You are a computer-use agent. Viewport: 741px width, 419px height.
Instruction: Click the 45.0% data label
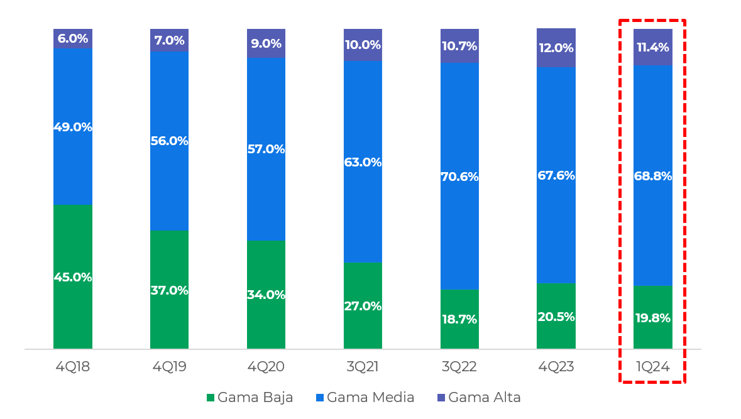point(73,277)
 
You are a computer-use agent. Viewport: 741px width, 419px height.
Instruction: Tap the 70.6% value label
point(459,177)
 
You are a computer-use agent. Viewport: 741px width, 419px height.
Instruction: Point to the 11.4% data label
point(653,47)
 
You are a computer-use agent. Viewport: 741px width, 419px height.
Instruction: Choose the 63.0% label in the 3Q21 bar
point(363,162)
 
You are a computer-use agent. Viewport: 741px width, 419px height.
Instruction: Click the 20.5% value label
point(556,317)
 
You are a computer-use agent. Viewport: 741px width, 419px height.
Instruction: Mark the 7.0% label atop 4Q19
point(169,41)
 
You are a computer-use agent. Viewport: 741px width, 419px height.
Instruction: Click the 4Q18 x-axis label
point(73,367)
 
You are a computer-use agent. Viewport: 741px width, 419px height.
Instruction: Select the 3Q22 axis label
point(459,367)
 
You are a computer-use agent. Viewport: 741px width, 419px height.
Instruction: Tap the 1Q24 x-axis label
point(653,367)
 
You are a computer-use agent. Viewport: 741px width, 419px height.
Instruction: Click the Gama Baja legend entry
point(250,398)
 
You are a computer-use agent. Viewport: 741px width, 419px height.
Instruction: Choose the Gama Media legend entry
point(365,398)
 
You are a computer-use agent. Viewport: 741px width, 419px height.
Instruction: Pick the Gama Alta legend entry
point(479,398)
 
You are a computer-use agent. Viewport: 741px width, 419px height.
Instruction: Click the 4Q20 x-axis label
point(266,367)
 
